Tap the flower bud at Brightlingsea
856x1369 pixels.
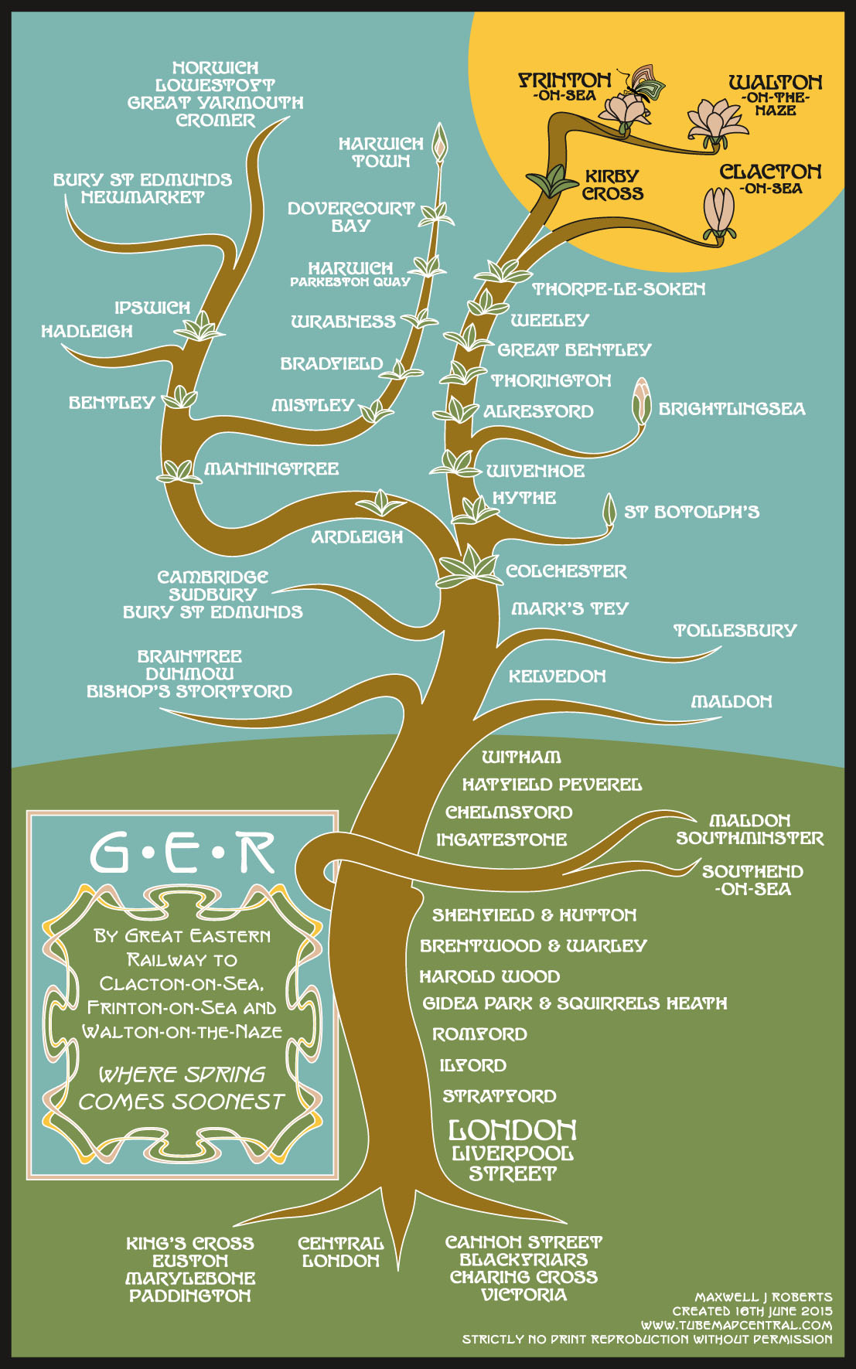pyautogui.click(x=641, y=401)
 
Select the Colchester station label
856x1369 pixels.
pyautogui.click(x=566, y=571)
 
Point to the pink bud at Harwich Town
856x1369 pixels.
pyautogui.click(x=439, y=142)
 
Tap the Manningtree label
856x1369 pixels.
pyautogui.click(x=271, y=468)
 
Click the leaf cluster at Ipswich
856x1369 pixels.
pyautogui.click(x=200, y=328)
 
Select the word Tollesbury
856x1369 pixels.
pyautogui.click(x=735, y=631)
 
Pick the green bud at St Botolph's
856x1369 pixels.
pyautogui.click(x=609, y=509)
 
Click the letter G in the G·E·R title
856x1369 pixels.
pyautogui.click(x=109, y=853)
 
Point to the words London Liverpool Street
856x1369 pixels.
pyautogui.click(x=513, y=1150)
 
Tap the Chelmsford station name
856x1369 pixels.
pyautogui.click(x=509, y=812)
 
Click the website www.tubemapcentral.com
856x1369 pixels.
pyautogui.click(x=736, y=1325)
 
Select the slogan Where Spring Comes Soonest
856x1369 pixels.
pyautogui.click(x=182, y=1088)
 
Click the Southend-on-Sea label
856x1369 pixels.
pyautogui.click(x=752, y=880)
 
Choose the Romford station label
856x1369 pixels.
pyautogui.click(x=479, y=1034)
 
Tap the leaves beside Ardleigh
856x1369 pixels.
pyautogui.click(x=380, y=503)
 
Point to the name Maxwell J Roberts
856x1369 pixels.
pyautogui.click(x=763, y=1297)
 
